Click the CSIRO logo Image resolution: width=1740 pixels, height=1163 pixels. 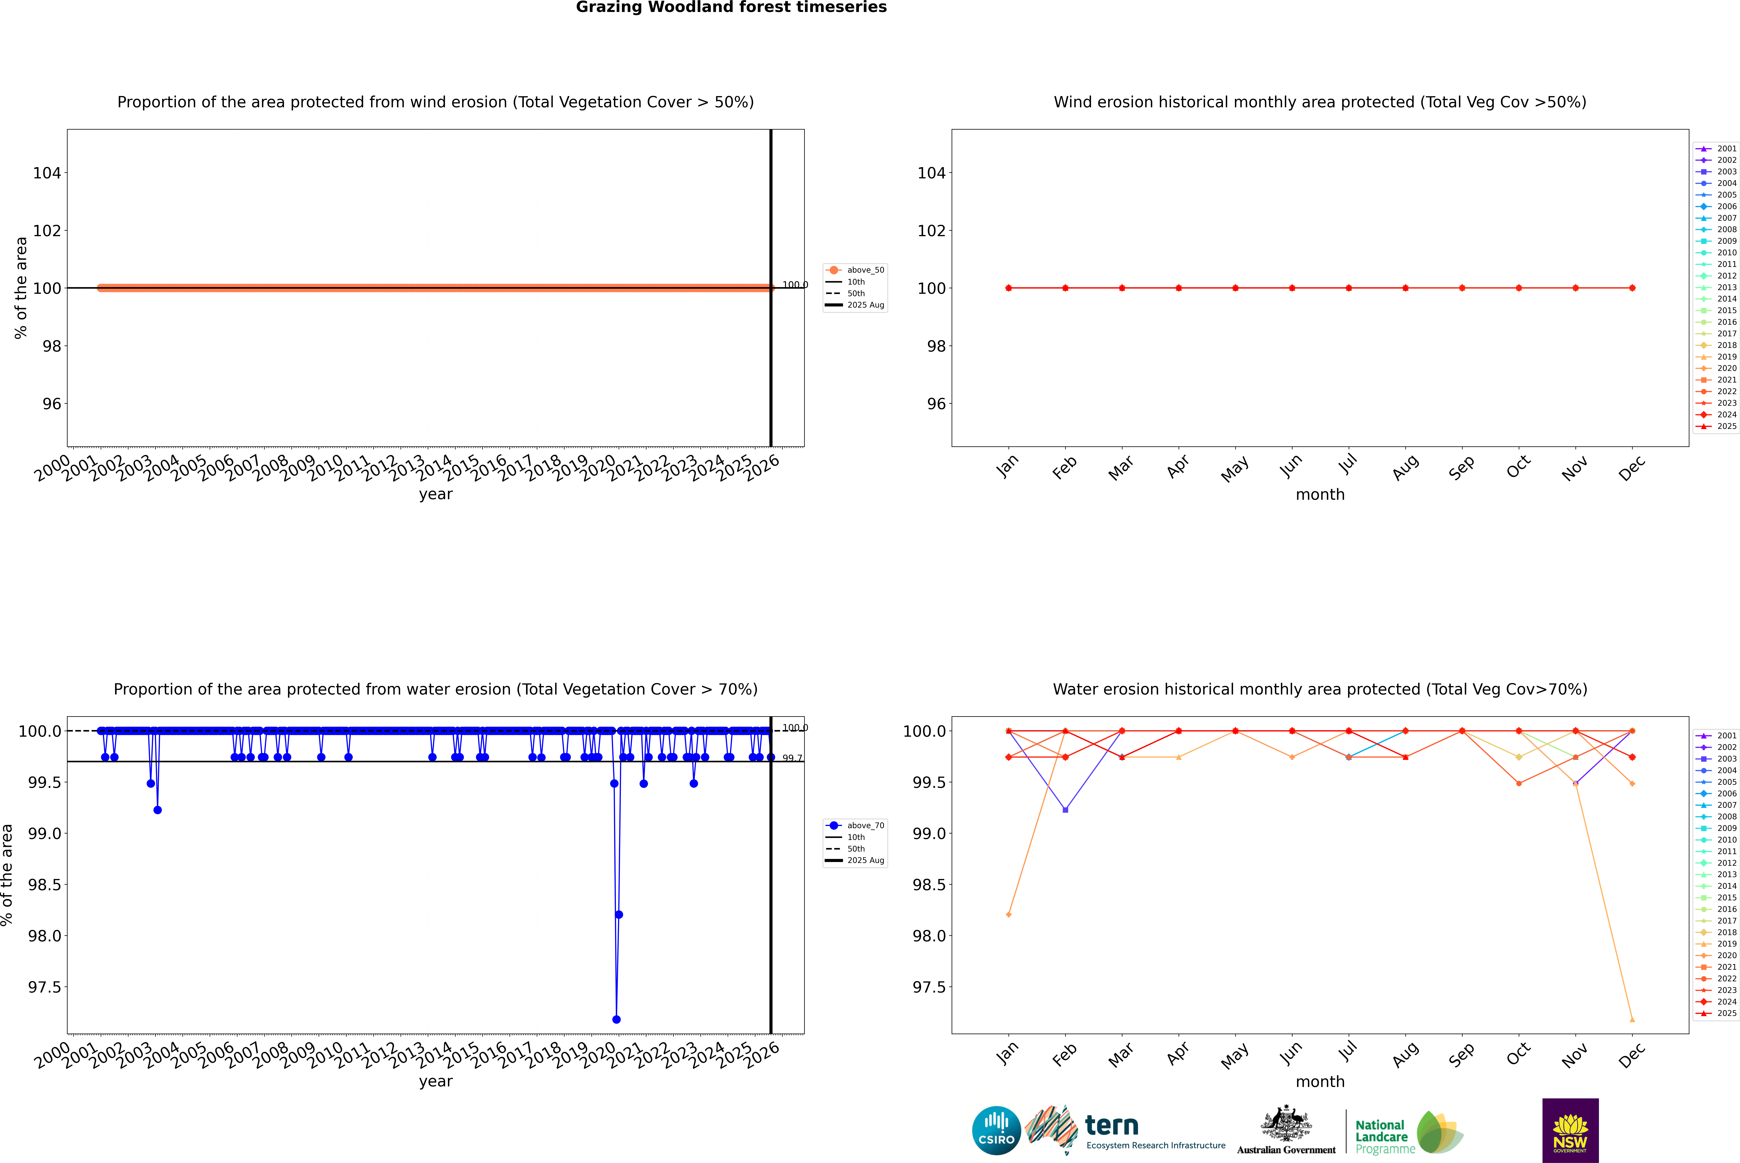point(996,1130)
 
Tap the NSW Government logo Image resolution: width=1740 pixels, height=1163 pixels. point(1570,1130)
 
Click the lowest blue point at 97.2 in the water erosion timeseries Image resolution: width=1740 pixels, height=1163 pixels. point(616,1019)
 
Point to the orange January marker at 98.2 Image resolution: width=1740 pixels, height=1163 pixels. point(1009,914)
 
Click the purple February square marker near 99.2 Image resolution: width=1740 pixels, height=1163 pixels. point(1066,810)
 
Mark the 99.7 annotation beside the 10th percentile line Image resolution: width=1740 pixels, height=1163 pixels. point(792,758)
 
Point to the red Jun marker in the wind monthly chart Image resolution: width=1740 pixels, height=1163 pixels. point(1292,288)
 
